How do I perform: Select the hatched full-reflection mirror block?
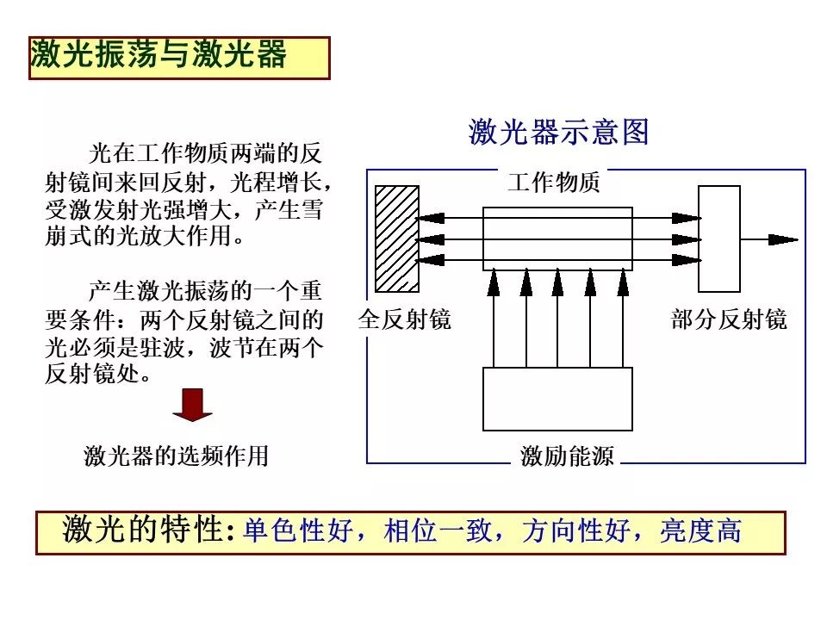[397, 238]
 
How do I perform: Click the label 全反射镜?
[404, 320]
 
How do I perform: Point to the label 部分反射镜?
[728, 320]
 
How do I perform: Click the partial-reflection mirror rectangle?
[718, 239]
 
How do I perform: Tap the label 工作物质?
[554, 183]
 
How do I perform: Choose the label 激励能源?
[567, 456]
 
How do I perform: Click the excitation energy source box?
[557, 399]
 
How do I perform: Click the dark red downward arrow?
[192, 405]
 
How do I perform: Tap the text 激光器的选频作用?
[177, 456]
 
